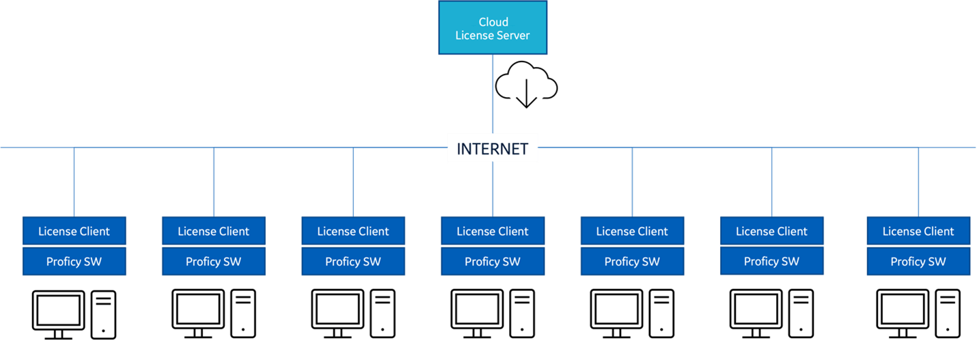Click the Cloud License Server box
493,28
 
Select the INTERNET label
493,148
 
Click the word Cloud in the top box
493,22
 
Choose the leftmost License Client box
74,231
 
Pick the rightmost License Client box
918,231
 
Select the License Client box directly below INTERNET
493,231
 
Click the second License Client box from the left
213,231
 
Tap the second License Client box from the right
771,231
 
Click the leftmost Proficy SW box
74,262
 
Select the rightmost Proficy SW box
918,262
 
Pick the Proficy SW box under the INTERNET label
493,262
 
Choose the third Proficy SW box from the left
353,262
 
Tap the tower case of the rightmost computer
948,314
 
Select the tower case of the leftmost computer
104,314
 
